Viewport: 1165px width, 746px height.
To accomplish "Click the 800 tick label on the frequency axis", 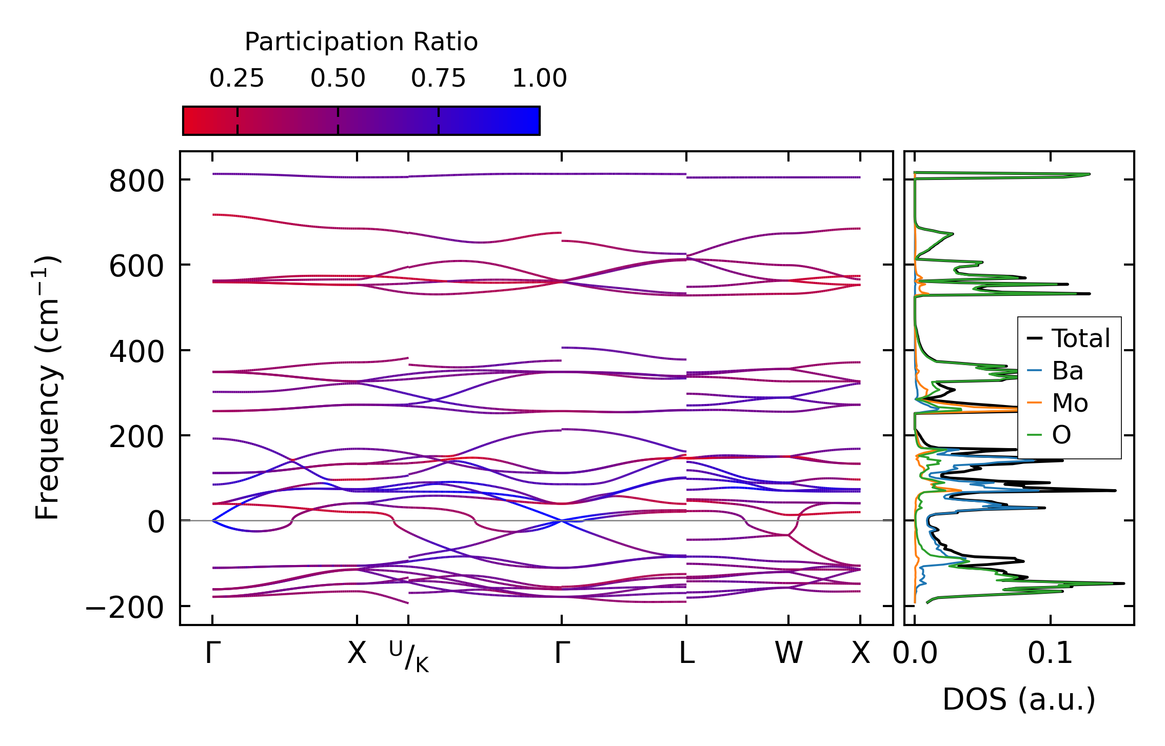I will tap(136, 182).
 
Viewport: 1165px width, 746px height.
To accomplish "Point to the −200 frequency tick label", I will tap(125, 609).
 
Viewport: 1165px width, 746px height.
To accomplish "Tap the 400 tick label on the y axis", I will tap(136, 352).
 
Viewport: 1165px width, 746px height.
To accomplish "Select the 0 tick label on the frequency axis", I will tap(156, 523).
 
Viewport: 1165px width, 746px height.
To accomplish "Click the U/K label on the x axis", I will tap(409, 656).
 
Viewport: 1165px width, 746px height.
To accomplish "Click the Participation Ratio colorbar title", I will tap(361, 42).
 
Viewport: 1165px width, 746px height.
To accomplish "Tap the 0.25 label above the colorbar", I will tap(236, 78).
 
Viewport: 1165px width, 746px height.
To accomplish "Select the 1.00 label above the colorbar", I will tap(539, 78).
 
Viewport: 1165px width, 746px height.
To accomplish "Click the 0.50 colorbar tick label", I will tap(338, 78).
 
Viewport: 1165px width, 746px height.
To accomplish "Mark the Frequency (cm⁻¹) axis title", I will tap(47, 388).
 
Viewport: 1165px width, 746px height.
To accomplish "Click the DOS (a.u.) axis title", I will tap(1019, 699).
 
